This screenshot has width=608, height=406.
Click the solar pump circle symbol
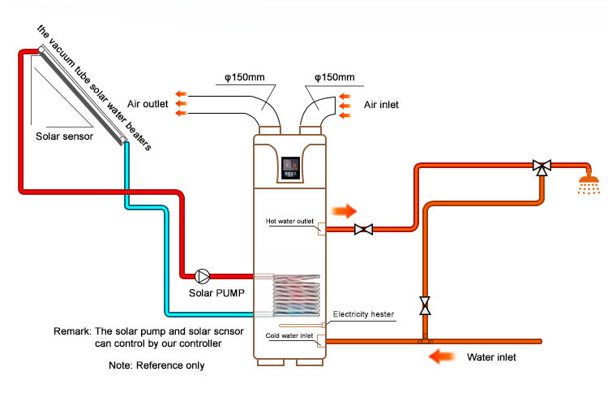pyautogui.click(x=200, y=274)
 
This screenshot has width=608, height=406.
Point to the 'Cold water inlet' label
pyautogui.click(x=290, y=335)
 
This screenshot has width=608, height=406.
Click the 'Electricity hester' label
pyautogui.click(x=362, y=313)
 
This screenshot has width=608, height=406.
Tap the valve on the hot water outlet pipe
pyautogui.click(x=364, y=230)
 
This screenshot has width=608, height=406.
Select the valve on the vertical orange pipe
pyautogui.click(x=425, y=306)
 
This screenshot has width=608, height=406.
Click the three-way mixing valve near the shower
pyautogui.click(x=542, y=166)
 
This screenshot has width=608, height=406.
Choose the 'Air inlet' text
pyautogui.click(x=381, y=104)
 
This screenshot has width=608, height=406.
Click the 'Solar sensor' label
pyautogui.click(x=64, y=136)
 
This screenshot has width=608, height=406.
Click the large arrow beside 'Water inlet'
pyautogui.click(x=445, y=356)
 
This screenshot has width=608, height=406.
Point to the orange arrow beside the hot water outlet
pyautogui.click(x=345, y=212)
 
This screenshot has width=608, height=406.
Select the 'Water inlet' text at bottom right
pyautogui.click(x=491, y=356)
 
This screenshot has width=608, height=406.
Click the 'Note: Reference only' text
pyautogui.click(x=156, y=365)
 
